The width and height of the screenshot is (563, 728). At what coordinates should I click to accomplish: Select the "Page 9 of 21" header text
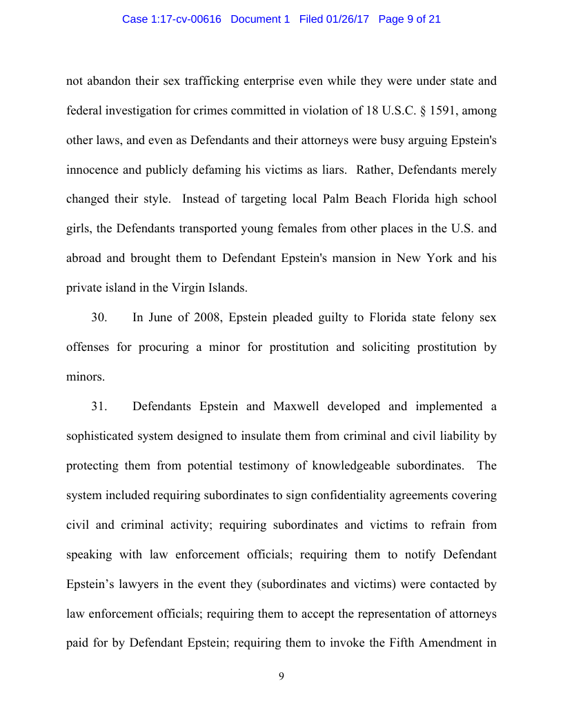pyautogui.click(x=410, y=19)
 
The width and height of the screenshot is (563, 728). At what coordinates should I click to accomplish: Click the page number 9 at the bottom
pyautogui.click(x=281, y=676)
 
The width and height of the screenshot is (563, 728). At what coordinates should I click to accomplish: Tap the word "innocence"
pyautogui.click(x=92, y=170)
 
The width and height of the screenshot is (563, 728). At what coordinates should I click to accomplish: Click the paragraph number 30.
pyautogui.click(x=99, y=318)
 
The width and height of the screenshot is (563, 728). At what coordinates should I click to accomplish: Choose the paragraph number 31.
pyautogui.click(x=99, y=406)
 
